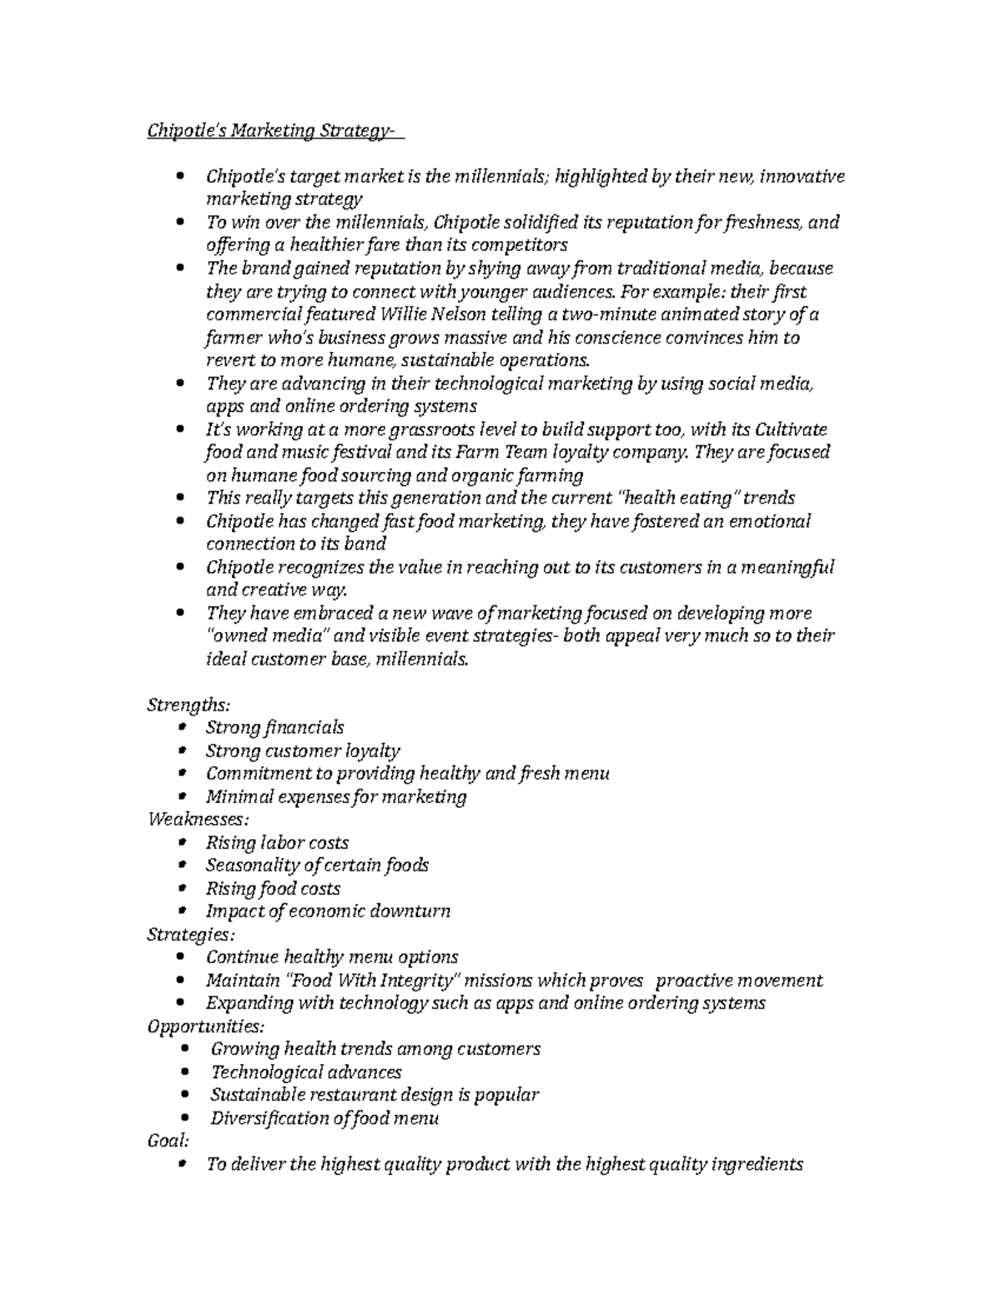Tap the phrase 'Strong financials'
click(x=275, y=728)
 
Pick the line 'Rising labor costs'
click(x=277, y=842)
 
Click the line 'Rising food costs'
click(x=273, y=888)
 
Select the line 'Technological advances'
click(x=306, y=1072)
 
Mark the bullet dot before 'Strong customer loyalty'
click(x=182, y=750)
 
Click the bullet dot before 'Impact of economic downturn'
click(x=182, y=911)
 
